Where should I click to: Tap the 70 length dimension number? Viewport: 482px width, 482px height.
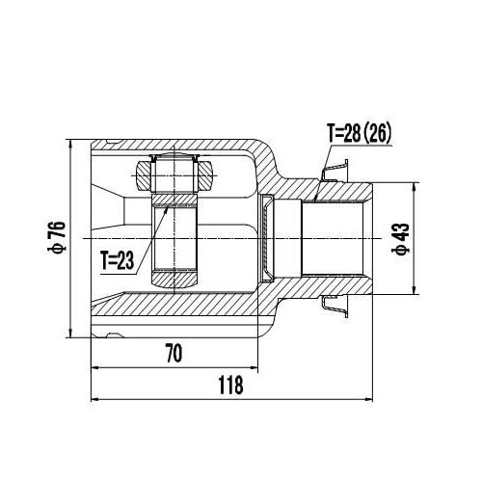pos(174,354)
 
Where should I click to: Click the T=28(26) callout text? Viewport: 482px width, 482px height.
pos(359,133)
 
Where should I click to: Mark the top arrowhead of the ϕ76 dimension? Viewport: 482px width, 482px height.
pos(72,136)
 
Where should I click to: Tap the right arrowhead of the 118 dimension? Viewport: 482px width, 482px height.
pos(369,401)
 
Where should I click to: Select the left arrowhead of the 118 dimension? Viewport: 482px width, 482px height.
pos(93,401)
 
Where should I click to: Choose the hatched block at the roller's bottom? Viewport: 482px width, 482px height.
pos(174,280)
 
